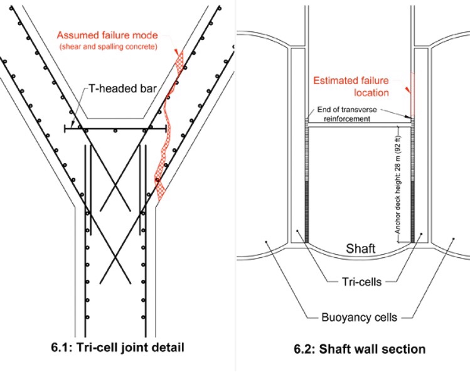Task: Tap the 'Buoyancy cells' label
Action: tap(357, 317)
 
